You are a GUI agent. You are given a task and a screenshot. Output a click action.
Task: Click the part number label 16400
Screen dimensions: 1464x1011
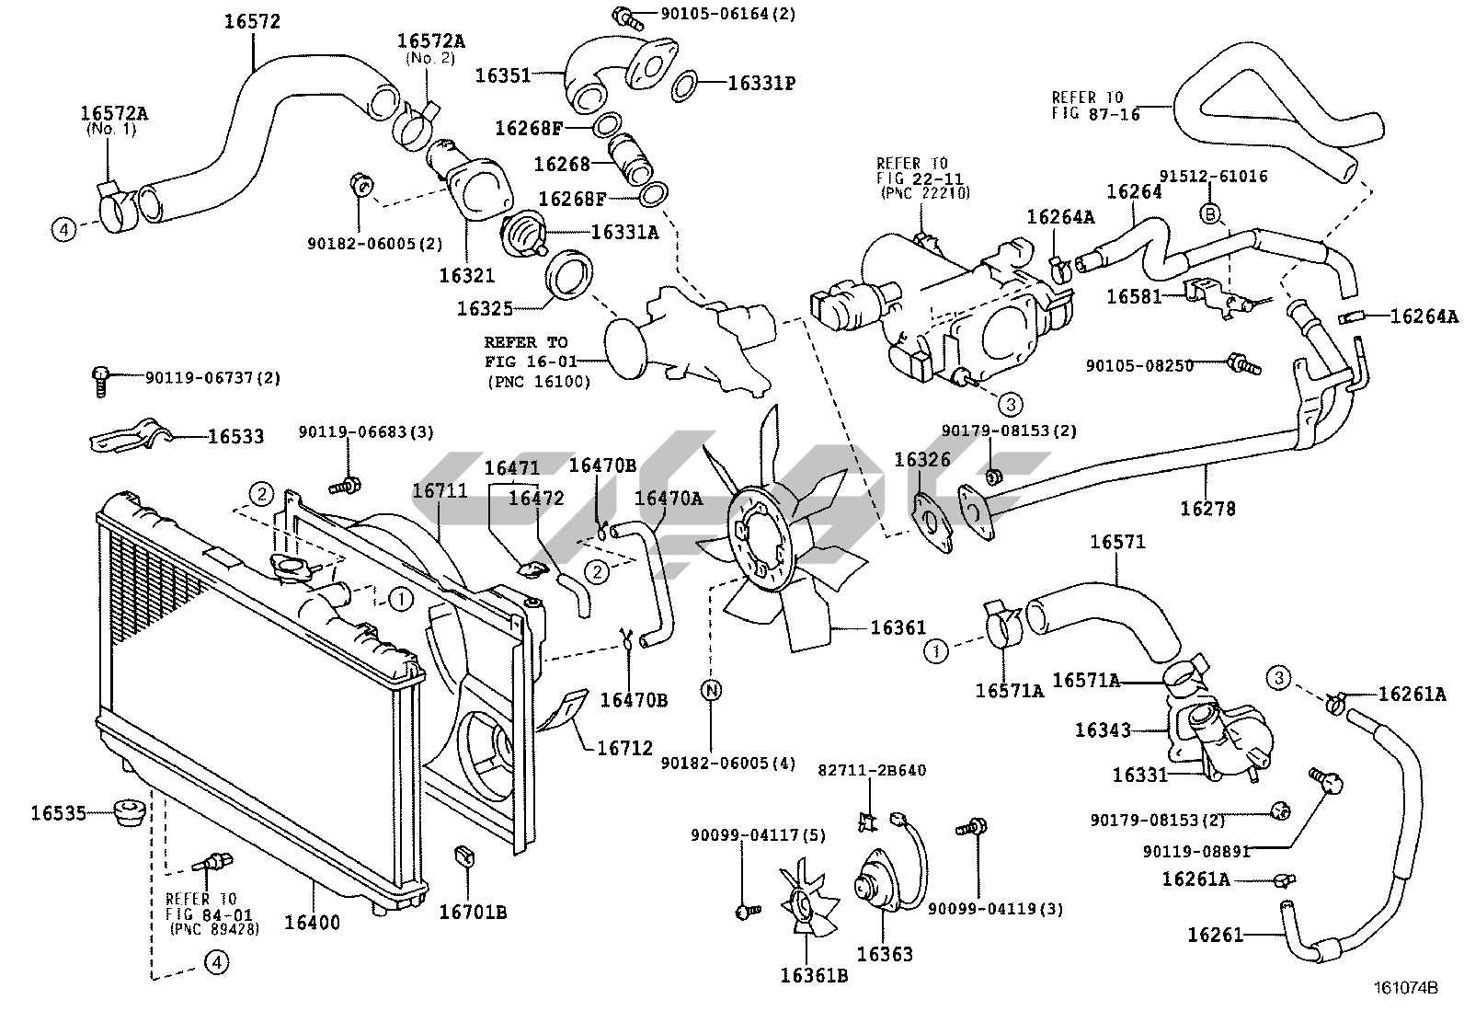pyautogui.click(x=312, y=923)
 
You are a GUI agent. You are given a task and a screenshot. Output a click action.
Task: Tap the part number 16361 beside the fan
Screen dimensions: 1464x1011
pyautogui.click(x=898, y=627)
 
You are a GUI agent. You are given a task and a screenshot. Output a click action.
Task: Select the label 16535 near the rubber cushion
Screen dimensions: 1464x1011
pyautogui.click(x=58, y=813)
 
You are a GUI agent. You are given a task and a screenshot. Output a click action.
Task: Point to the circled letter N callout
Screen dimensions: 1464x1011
pyautogui.click(x=712, y=690)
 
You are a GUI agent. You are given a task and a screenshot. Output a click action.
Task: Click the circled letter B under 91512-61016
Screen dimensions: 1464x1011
pyautogui.click(x=1210, y=213)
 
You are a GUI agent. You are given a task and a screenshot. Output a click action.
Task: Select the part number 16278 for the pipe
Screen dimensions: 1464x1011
pyautogui.click(x=1207, y=508)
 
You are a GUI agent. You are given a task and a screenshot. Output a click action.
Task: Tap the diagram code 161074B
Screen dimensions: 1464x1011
pyautogui.click(x=1405, y=987)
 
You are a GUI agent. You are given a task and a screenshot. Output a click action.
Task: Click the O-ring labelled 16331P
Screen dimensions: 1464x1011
pyautogui.click(x=684, y=86)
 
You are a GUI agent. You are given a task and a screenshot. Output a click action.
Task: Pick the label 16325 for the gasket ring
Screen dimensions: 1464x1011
pyautogui.click(x=485, y=309)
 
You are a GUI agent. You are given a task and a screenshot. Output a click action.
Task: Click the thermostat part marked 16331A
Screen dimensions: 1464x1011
pyautogui.click(x=524, y=232)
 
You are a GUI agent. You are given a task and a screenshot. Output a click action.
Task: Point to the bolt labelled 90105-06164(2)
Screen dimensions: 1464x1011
pyautogui.click(x=627, y=17)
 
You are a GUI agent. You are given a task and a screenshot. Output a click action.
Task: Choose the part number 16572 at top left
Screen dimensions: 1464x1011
pyautogui.click(x=252, y=21)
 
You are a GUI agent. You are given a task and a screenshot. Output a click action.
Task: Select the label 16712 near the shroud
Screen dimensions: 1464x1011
pyautogui.click(x=624, y=748)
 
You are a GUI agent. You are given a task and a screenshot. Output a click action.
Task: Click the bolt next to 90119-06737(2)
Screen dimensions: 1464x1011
pyautogui.click(x=100, y=382)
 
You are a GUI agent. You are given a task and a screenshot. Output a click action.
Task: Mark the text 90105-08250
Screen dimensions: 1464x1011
pyautogui.click(x=1139, y=365)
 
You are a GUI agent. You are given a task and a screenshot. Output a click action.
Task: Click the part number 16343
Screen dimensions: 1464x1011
pyautogui.click(x=1104, y=730)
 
